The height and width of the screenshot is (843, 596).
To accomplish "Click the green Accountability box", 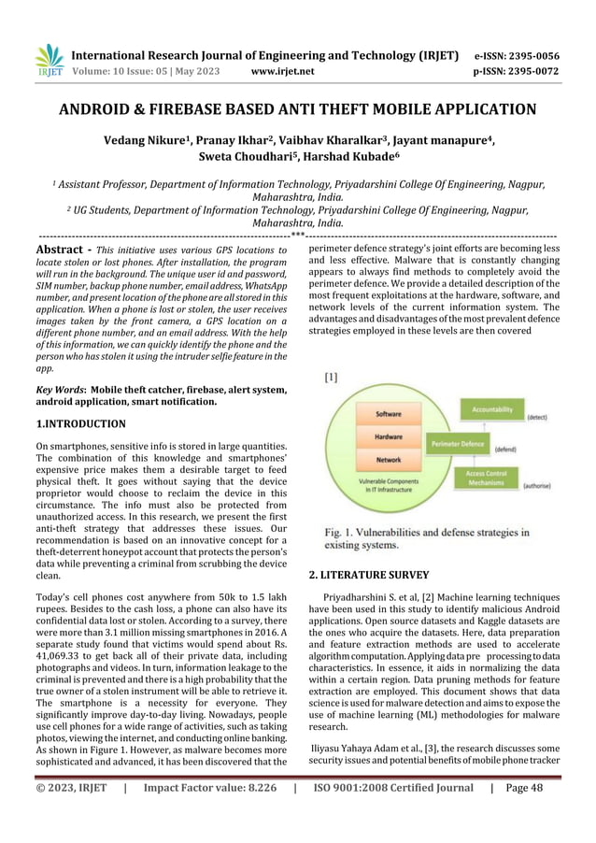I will (490, 409).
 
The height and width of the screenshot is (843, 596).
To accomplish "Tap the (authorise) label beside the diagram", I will (542, 486).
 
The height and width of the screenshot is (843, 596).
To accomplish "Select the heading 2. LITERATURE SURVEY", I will (369, 575).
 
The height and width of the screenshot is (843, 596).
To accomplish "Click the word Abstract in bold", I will (61, 250).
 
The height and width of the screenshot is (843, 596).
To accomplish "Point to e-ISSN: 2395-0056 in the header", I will (518, 54).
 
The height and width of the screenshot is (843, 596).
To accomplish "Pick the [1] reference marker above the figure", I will (331, 378).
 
